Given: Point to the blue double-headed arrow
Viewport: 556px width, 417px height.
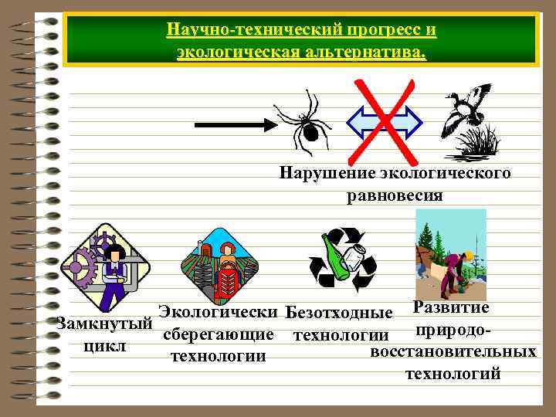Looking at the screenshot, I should pyautogui.click(x=385, y=120).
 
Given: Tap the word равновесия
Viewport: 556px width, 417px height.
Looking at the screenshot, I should pyautogui.click(x=395, y=194).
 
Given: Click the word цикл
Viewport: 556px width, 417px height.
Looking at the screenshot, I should pyautogui.click(x=103, y=345).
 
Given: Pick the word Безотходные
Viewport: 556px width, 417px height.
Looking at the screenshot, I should pyautogui.click(x=339, y=313).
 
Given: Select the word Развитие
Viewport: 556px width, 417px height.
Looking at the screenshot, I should pyautogui.click(x=451, y=307).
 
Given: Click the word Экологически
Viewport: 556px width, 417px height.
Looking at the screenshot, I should pyautogui.click(x=218, y=312).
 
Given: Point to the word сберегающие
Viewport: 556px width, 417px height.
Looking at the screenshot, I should pyautogui.click(x=219, y=334).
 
